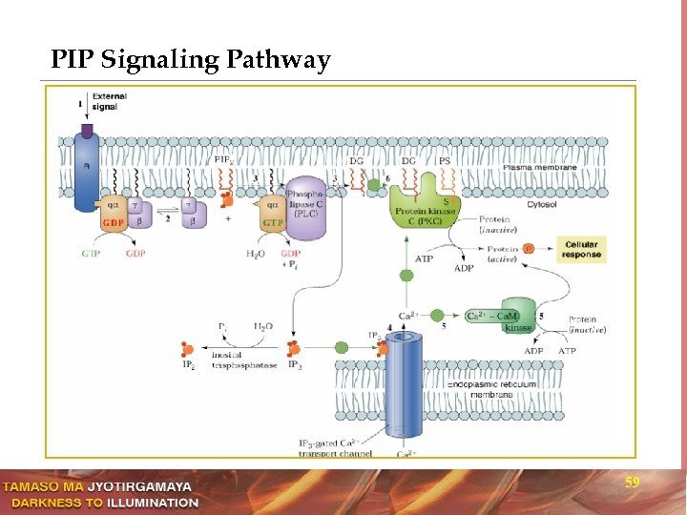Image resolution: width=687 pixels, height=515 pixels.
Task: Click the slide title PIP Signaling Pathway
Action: coord(191,61)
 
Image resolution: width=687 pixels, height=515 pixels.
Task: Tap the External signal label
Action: coord(110,100)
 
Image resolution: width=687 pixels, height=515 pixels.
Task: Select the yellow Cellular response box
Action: coord(582,250)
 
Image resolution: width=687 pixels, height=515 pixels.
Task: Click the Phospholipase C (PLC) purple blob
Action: coord(305,206)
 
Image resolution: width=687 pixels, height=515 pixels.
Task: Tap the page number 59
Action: coord(632,484)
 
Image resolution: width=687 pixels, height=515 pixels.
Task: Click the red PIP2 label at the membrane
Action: coord(223,159)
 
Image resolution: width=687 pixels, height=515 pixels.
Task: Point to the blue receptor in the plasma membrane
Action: coord(87,172)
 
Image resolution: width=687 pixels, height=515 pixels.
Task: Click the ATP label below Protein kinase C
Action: coord(425,258)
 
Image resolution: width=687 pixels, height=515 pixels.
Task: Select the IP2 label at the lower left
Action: coord(189,365)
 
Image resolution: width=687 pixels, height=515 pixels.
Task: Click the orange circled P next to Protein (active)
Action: coord(528,250)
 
